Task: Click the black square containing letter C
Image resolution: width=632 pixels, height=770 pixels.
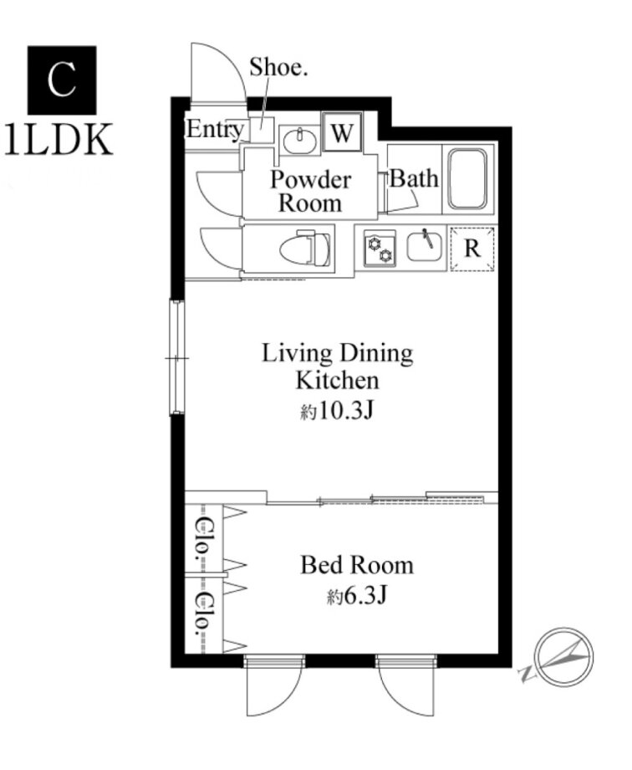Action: [62, 80]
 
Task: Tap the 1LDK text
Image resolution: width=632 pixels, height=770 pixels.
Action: [59, 140]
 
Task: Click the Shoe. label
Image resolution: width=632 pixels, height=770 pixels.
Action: [278, 67]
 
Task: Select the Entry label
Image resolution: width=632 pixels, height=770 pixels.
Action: [214, 130]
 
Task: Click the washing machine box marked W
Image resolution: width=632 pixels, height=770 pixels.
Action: [342, 132]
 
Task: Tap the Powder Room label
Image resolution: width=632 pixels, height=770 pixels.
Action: [310, 191]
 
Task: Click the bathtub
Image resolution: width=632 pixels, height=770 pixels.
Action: [468, 179]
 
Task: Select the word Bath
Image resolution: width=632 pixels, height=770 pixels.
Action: [414, 179]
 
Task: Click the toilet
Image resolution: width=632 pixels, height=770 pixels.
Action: [305, 248]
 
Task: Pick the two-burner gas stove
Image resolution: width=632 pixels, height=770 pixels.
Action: [380, 249]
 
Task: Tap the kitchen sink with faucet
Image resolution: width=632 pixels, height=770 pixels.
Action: [425, 247]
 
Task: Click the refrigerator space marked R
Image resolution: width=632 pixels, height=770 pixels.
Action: [472, 249]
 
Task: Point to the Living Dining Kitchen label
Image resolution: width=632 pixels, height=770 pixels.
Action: [338, 367]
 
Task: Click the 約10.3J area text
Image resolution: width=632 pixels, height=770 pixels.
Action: [337, 411]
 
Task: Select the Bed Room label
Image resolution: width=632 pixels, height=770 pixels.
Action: [357, 565]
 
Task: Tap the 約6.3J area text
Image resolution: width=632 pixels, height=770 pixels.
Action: [357, 596]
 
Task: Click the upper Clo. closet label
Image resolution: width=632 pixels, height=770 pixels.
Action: [202, 539]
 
